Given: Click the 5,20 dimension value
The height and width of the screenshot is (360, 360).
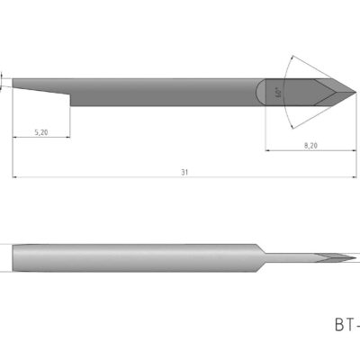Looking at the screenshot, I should pos(41,132).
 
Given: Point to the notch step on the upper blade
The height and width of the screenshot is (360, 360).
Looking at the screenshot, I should pos(69,94).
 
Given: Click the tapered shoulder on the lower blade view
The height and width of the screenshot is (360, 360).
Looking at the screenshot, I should pos(258,257).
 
